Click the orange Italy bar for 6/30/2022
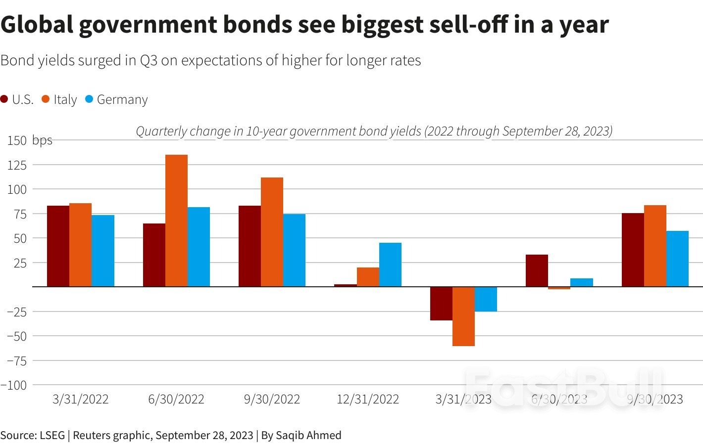(x=176, y=221)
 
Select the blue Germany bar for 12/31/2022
(x=390, y=265)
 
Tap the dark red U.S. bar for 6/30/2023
(x=537, y=270)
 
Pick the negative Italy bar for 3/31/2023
(x=463, y=316)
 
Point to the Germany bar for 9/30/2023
(x=677, y=259)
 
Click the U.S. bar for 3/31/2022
(x=58, y=246)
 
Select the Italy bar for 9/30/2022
(x=272, y=232)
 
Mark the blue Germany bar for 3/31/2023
(x=486, y=299)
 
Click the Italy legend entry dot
(x=46, y=99)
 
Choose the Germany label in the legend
(x=122, y=99)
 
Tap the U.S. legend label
(x=23, y=99)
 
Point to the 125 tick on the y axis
(x=17, y=165)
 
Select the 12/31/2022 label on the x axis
(x=367, y=399)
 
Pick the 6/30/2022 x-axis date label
(x=176, y=399)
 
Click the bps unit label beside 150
(x=42, y=140)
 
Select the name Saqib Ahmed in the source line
(x=308, y=435)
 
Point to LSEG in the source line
(x=52, y=435)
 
